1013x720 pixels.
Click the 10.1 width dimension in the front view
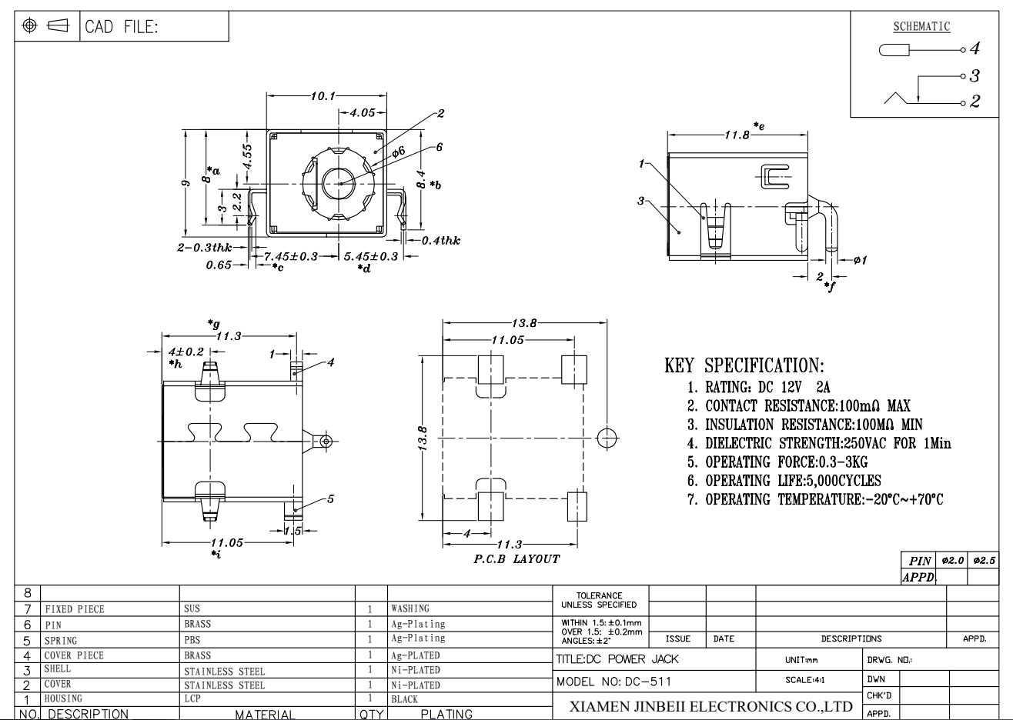(323, 96)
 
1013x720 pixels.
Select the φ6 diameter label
(398, 152)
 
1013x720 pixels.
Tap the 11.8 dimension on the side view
(737, 135)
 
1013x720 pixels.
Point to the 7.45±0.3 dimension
(291, 256)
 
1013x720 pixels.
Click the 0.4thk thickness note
(440, 241)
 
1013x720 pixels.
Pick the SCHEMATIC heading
(921, 27)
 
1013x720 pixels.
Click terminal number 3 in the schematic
(975, 75)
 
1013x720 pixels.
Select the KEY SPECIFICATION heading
(744, 365)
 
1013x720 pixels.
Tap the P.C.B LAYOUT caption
(517, 559)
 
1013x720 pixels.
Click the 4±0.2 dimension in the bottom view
(186, 352)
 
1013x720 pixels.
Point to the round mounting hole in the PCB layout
(607, 438)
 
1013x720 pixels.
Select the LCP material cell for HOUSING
(192, 698)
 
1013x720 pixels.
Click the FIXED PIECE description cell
(74, 609)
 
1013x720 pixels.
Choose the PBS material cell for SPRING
(192, 640)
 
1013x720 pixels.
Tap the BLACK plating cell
(404, 700)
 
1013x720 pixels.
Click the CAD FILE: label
(121, 27)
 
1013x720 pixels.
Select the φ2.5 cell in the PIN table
(984, 561)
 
